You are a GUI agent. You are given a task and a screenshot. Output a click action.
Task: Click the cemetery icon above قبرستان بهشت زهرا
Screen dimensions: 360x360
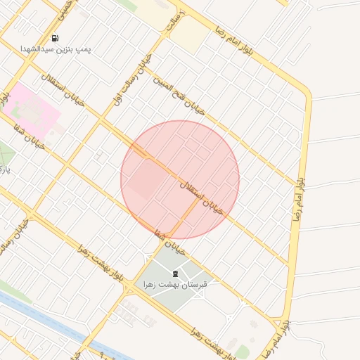pos(174,273)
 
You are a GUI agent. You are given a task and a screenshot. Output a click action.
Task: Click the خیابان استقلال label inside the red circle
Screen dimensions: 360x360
pos(202,196)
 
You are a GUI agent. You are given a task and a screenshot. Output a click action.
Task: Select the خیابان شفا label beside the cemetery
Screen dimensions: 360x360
pos(172,243)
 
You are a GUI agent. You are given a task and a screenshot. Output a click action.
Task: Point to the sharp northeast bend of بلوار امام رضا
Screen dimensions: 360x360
pos(307,92)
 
